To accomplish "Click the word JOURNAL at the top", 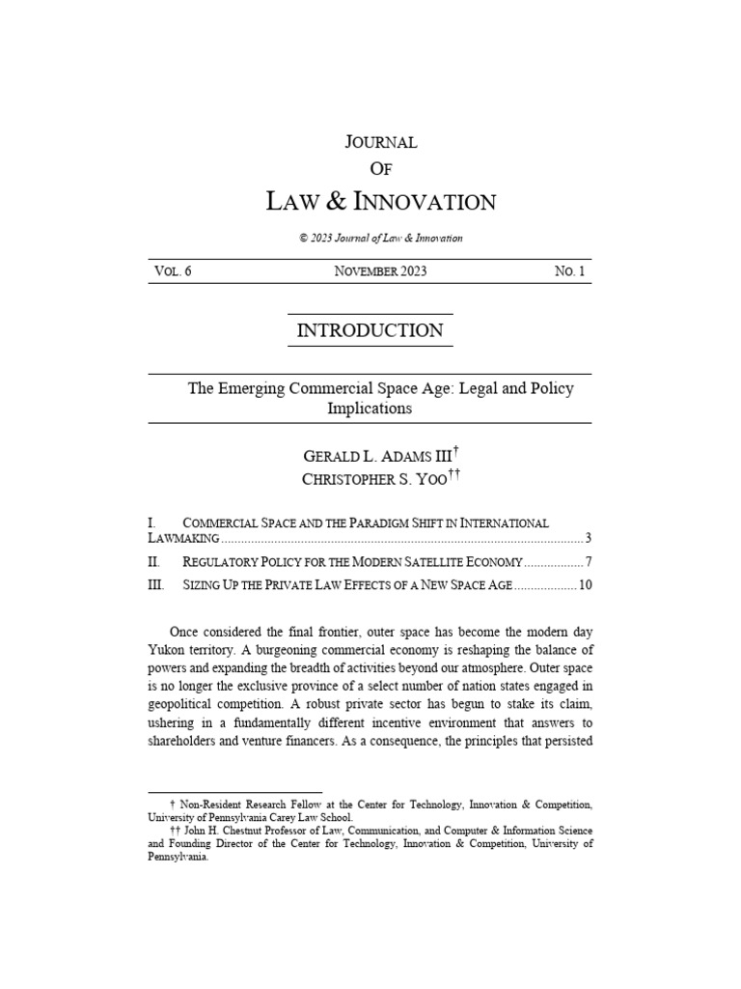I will point(380,142).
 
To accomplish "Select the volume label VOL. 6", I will point(173,271).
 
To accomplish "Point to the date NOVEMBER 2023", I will point(380,271).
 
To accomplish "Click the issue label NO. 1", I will point(569,271).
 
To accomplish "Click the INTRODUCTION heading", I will point(370,330).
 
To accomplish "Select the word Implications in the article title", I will point(370,409).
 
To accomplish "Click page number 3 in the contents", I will point(589,537).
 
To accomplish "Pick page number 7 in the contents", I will point(589,561).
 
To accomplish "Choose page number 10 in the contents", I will point(585,585).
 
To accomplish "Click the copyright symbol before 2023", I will point(304,238).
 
